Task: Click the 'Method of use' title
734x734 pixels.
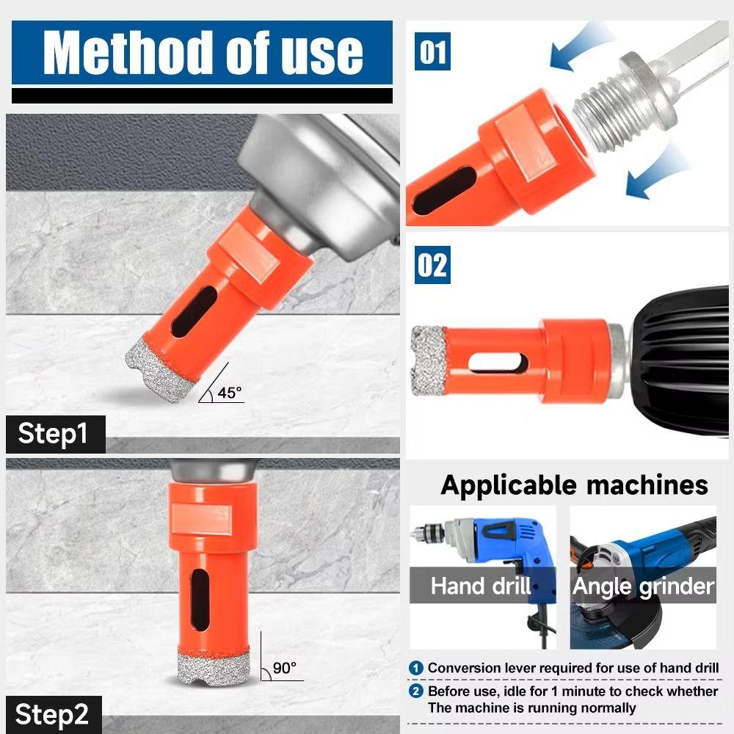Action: pyautogui.click(x=203, y=52)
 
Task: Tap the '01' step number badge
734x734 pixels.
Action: pyautogui.click(x=432, y=54)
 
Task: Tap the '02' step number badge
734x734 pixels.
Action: pyautogui.click(x=432, y=266)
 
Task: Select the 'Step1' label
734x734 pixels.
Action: pyautogui.click(x=53, y=434)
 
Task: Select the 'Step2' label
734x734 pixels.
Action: pyautogui.click(x=53, y=714)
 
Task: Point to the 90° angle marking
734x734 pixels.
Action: pyautogui.click(x=284, y=668)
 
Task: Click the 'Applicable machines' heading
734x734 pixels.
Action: pyautogui.click(x=574, y=485)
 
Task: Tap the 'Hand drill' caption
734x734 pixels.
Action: pyautogui.click(x=481, y=586)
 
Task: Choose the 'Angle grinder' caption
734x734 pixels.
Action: pyautogui.click(x=643, y=586)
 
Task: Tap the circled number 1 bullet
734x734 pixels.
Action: pyautogui.click(x=416, y=668)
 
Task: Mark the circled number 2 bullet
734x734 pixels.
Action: pyautogui.click(x=416, y=691)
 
